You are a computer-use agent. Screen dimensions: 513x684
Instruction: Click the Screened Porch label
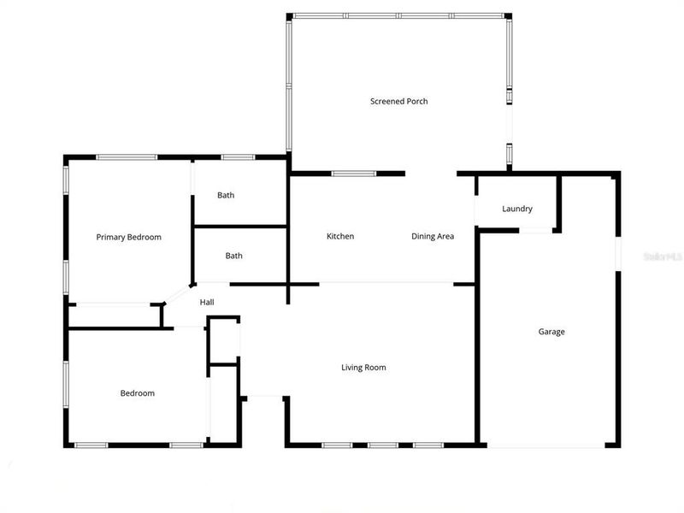click(x=398, y=102)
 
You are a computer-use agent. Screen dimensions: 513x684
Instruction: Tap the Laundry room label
click(x=517, y=209)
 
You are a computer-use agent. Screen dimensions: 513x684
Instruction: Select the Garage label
click(x=551, y=332)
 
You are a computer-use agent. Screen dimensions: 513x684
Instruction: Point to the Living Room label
click(x=363, y=368)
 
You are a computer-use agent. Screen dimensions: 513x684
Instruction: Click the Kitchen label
click(x=340, y=236)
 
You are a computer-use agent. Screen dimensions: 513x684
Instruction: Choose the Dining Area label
click(x=433, y=236)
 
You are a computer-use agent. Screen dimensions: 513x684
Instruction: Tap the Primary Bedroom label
click(x=128, y=237)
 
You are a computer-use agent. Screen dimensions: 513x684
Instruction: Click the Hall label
click(x=207, y=302)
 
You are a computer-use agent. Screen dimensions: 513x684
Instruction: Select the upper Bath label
click(x=226, y=195)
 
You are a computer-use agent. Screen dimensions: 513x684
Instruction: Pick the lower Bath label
click(x=234, y=256)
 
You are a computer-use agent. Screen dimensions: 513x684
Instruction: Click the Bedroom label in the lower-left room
click(x=137, y=393)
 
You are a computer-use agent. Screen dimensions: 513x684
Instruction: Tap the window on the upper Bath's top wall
click(x=238, y=157)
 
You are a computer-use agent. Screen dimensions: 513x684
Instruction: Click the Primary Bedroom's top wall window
click(x=126, y=157)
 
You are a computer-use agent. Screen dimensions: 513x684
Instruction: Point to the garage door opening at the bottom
click(x=547, y=445)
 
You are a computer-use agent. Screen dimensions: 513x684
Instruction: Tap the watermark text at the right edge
click(x=664, y=255)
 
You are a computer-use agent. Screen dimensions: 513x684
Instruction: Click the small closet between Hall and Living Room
click(x=224, y=340)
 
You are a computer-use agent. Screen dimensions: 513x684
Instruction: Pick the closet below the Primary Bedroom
click(x=114, y=315)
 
